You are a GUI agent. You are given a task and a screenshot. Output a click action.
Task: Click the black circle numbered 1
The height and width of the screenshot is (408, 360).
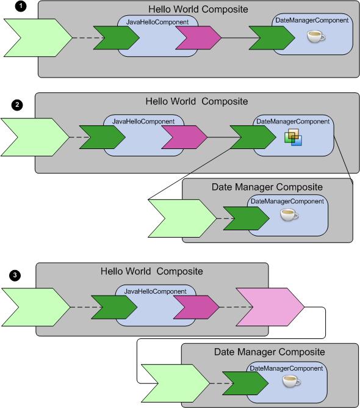pos(21,6)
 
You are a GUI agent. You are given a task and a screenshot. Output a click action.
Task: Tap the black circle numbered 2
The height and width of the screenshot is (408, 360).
pos(17,105)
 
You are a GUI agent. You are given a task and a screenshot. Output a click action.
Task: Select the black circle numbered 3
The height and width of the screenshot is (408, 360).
pos(15,275)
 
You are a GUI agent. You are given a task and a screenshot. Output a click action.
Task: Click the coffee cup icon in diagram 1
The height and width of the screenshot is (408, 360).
pos(316,36)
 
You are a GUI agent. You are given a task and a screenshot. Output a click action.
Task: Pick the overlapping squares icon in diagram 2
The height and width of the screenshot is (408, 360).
pos(293,137)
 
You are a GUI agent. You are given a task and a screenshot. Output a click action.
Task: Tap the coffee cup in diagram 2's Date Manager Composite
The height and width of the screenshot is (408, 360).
pos(289,215)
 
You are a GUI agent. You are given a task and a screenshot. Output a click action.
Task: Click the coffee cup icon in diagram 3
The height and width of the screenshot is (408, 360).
pos(292,381)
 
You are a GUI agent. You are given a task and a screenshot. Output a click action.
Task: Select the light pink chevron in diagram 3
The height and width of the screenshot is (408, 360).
pos(270,307)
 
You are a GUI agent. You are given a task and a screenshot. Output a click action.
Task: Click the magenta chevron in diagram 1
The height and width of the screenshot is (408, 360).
pos(198,37)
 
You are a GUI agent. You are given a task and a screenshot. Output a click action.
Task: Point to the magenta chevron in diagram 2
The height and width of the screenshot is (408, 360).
pos(184,137)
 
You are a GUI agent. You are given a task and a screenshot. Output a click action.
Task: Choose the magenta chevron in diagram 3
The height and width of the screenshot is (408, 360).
pos(196,307)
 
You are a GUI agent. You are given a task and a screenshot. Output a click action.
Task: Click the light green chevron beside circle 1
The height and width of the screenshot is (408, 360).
pos(38,38)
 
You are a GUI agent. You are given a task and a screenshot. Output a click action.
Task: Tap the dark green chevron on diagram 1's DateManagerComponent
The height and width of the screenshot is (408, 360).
pos(272,38)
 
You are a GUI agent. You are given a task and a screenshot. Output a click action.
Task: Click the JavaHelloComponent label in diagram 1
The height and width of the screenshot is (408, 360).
pos(157,22)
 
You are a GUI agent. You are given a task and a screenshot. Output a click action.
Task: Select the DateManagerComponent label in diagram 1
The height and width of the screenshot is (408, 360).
pos(312,20)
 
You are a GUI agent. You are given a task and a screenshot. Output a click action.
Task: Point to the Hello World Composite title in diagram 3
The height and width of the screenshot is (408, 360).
pos(152,271)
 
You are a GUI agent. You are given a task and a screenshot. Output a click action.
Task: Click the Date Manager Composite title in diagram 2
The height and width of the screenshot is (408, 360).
pos(267,187)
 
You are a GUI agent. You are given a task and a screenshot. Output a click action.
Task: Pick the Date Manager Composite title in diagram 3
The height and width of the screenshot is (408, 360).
pos(270,352)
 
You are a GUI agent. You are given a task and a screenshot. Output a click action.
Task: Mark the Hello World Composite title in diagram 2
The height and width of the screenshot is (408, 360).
pos(196,101)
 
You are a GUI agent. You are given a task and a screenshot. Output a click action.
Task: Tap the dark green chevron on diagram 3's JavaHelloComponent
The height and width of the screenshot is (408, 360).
pos(114,307)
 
